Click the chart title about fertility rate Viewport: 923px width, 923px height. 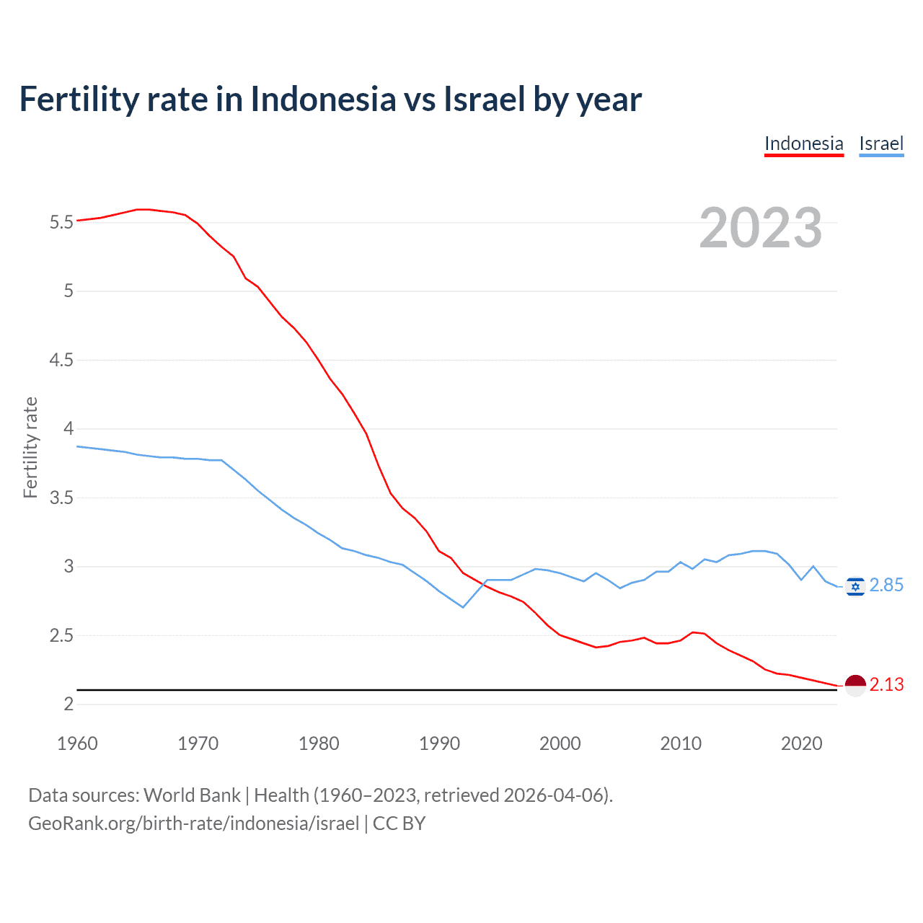(x=330, y=99)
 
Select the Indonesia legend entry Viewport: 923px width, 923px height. (x=803, y=143)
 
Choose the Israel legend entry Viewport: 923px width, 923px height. (x=881, y=143)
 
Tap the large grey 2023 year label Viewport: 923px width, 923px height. (x=760, y=228)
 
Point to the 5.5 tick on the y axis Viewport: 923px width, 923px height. (x=61, y=222)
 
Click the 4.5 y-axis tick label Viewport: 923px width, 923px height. (x=61, y=360)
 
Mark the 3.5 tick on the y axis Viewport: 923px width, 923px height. (x=61, y=498)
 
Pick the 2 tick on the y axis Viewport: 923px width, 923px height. (x=69, y=704)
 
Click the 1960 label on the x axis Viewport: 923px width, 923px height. (x=77, y=743)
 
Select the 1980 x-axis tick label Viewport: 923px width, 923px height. (x=319, y=743)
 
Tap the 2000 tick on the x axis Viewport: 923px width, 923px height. (x=560, y=743)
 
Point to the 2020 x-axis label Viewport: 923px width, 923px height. (x=801, y=743)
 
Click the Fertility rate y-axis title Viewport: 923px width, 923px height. (x=30, y=447)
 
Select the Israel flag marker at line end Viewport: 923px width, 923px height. (x=855, y=586)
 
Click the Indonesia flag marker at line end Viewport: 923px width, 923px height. (x=855, y=685)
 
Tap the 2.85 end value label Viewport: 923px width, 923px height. (x=886, y=586)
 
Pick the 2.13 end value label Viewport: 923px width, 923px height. (x=886, y=684)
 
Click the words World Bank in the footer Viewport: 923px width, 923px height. (x=192, y=795)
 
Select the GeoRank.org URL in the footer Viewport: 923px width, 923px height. (x=193, y=823)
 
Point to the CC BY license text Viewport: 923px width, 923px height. (x=399, y=823)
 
